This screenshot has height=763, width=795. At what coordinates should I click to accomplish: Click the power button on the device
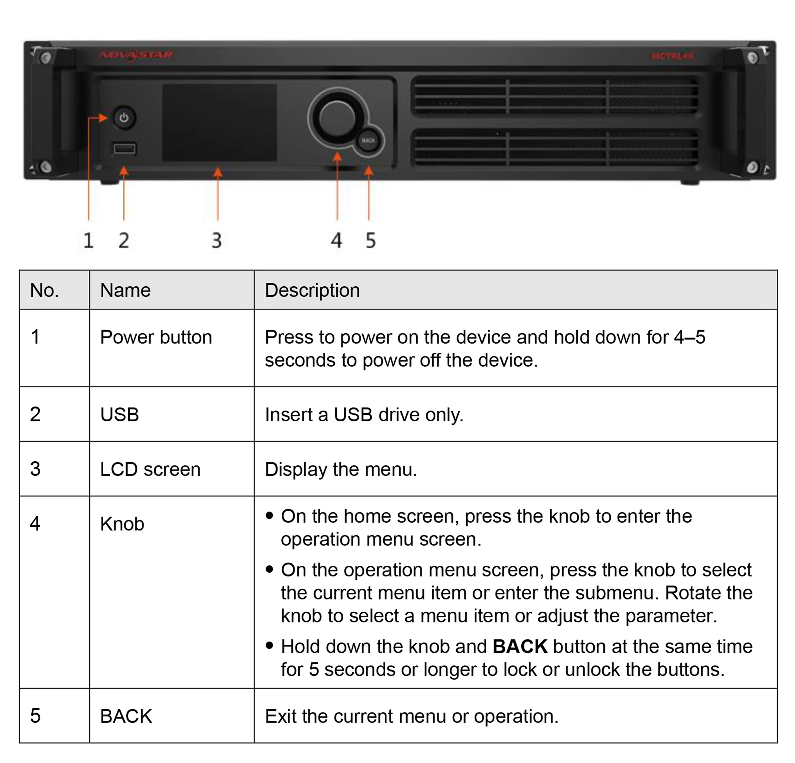pyautogui.click(x=124, y=118)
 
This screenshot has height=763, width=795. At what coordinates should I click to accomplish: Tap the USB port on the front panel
pyautogui.click(x=124, y=149)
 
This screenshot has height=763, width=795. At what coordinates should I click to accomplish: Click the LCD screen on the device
pyautogui.click(x=219, y=122)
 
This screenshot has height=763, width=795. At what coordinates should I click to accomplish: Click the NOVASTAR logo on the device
pyautogui.click(x=136, y=55)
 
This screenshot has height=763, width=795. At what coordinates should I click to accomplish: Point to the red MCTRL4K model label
pyautogui.click(x=673, y=56)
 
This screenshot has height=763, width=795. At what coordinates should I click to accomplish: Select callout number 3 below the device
pyautogui.click(x=217, y=240)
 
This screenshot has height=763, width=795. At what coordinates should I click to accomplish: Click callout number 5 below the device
pyautogui.click(x=370, y=240)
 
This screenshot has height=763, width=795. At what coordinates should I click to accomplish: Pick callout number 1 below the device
pyautogui.click(x=88, y=240)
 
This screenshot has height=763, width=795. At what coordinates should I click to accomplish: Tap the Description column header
pyautogui.click(x=312, y=291)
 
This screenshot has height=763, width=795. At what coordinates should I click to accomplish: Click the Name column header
pyautogui.click(x=125, y=291)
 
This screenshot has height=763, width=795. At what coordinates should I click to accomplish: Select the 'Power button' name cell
pyautogui.click(x=156, y=337)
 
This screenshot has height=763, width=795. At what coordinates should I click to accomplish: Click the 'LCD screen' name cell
pyautogui.click(x=150, y=469)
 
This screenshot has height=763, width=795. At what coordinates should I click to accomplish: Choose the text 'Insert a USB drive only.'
pyautogui.click(x=364, y=415)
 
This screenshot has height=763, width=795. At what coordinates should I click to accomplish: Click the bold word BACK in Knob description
pyautogui.click(x=520, y=646)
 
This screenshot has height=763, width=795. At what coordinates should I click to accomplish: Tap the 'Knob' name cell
pyautogui.click(x=122, y=524)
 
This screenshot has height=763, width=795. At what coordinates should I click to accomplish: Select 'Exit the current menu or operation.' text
pyautogui.click(x=411, y=716)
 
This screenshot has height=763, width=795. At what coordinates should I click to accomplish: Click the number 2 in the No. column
pyautogui.click(x=35, y=414)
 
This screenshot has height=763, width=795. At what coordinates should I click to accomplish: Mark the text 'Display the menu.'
pyautogui.click(x=341, y=469)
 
